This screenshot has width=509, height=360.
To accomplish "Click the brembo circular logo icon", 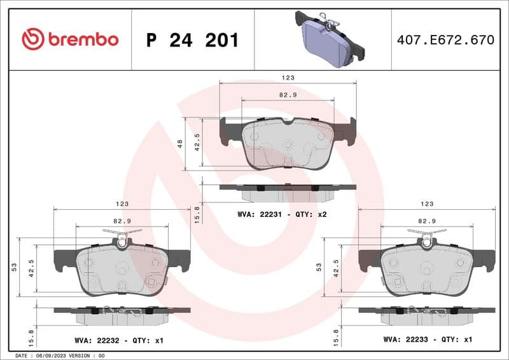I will [33, 39].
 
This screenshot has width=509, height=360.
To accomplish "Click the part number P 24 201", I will [192, 40].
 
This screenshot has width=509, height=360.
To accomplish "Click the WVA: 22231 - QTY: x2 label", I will [282, 214].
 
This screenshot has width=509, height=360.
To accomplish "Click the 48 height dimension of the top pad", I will [180, 144].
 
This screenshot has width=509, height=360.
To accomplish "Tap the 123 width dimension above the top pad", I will [288, 77].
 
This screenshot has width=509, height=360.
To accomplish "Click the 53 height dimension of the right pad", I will [319, 267].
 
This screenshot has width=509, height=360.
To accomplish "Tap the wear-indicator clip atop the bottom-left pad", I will [122, 237].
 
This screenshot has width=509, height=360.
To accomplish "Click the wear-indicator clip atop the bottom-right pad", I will [427, 237].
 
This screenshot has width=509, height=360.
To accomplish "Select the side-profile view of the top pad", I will [288, 188].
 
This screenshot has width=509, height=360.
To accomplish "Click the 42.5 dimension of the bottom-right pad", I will [335, 267].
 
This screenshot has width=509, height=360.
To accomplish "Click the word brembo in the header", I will [83, 40].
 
